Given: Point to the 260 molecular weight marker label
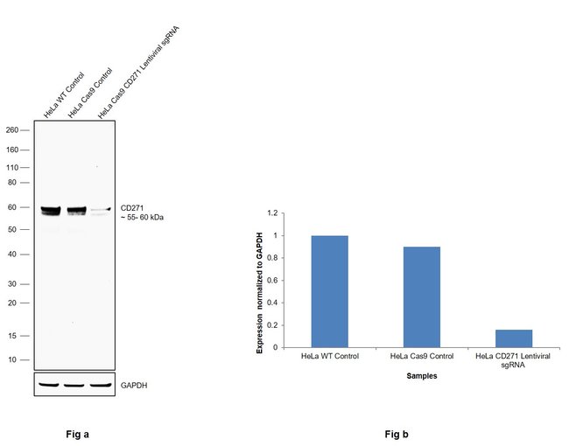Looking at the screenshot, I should (12, 130).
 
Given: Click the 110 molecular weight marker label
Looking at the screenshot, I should (12, 167).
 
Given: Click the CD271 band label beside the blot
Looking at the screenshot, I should (132, 208).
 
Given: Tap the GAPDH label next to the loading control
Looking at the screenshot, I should (134, 385).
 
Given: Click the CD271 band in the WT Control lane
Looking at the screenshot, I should (49, 210).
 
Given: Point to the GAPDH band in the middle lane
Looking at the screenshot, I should (74, 384).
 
